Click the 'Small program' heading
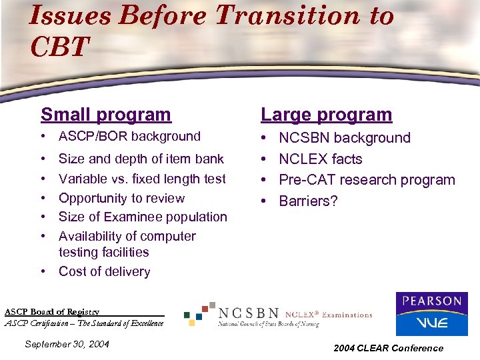105,115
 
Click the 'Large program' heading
326,115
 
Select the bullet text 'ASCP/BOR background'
129,137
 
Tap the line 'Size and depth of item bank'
141,159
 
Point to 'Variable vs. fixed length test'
142,179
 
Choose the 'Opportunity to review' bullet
121,198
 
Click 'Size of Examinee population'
143,217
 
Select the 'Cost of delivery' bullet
104,271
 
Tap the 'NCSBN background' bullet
344,138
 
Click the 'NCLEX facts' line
320,159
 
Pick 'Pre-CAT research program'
367,180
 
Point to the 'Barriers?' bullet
308,201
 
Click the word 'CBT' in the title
59,47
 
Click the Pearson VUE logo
431,313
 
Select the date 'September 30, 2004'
66,344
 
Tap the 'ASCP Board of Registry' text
52,312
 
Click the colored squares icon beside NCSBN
199,313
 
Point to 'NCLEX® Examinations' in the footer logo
329,314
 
